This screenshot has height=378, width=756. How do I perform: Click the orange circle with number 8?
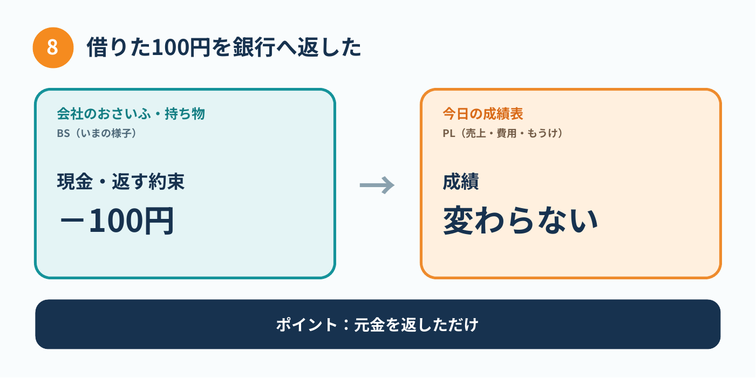click(x=53, y=47)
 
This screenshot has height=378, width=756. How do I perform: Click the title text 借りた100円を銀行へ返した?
click(x=224, y=47)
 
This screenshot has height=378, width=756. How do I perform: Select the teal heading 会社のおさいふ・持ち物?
click(x=131, y=114)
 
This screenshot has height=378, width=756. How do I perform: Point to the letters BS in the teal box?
click(x=64, y=134)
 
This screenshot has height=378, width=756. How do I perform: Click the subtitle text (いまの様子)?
click(x=105, y=134)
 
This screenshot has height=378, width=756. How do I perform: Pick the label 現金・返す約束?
click(x=121, y=182)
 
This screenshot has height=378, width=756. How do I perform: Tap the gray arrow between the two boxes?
click(x=377, y=185)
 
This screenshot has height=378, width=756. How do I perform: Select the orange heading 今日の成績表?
click(x=483, y=114)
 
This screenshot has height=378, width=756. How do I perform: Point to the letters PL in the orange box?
click(x=449, y=134)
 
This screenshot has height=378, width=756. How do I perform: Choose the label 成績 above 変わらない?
click(x=461, y=182)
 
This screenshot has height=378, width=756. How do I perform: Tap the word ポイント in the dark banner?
click(x=307, y=325)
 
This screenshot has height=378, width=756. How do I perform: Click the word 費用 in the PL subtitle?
click(x=506, y=134)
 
